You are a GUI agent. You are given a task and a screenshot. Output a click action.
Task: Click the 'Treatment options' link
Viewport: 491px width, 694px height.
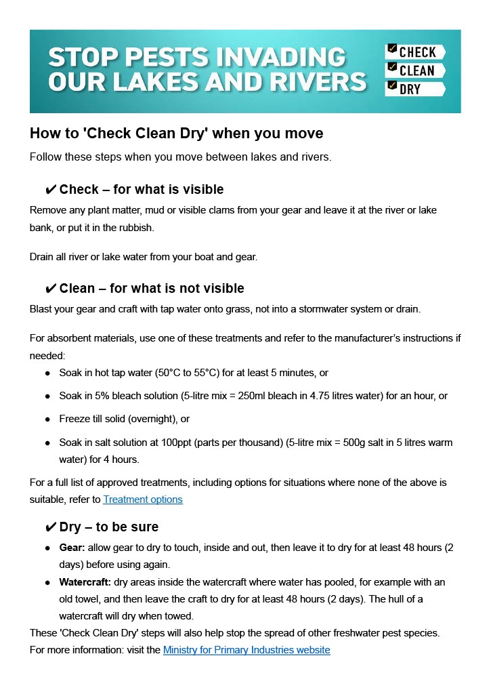pyautogui.click(x=142, y=499)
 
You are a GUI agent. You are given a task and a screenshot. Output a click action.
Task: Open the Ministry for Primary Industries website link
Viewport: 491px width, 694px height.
pyautogui.click(x=247, y=650)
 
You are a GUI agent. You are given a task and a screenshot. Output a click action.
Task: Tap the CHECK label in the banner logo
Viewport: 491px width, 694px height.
pyautogui.click(x=418, y=52)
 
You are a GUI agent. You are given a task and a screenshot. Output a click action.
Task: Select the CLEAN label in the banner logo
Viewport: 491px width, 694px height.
pyautogui.click(x=417, y=70)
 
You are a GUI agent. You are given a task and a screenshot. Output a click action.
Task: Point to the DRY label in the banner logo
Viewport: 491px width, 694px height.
pyautogui.click(x=410, y=89)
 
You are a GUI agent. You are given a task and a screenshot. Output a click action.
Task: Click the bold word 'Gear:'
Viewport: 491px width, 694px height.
pyautogui.click(x=72, y=547)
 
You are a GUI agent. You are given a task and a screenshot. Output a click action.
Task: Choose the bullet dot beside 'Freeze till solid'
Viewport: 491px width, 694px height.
pyautogui.click(x=47, y=420)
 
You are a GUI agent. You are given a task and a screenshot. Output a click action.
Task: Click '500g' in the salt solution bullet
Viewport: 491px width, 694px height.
pyautogui.click(x=343, y=443)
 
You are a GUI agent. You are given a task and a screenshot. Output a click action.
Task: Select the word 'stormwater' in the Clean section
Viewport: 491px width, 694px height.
pyautogui.click(x=336, y=309)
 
